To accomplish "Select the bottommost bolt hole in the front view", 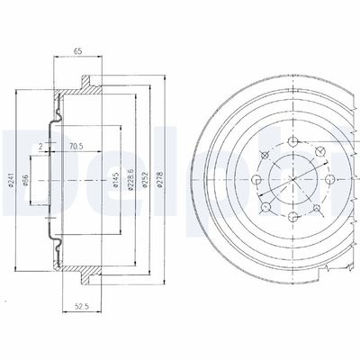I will point(298,220).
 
